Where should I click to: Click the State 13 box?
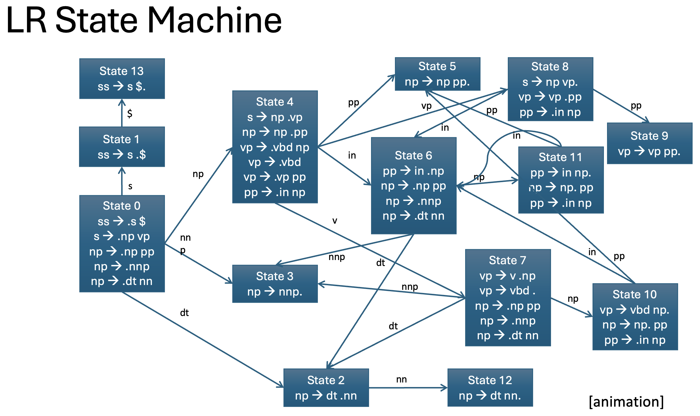122,79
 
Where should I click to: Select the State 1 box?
122,147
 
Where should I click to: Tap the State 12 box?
490,388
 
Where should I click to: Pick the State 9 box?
650,143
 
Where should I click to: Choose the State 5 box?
438,74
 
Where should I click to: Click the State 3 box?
275,284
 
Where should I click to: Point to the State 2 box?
326,388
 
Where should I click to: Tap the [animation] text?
626,402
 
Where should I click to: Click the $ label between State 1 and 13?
130,113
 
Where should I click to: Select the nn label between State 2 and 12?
401,379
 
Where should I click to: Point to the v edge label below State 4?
335,221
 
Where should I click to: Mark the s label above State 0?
130,186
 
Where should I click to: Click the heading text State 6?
413,155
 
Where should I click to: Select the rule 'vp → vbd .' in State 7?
508,291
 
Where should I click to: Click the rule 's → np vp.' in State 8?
550,82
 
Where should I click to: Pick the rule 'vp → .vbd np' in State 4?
275,147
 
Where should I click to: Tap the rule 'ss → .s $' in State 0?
122,221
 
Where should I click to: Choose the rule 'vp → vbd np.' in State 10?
635,310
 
